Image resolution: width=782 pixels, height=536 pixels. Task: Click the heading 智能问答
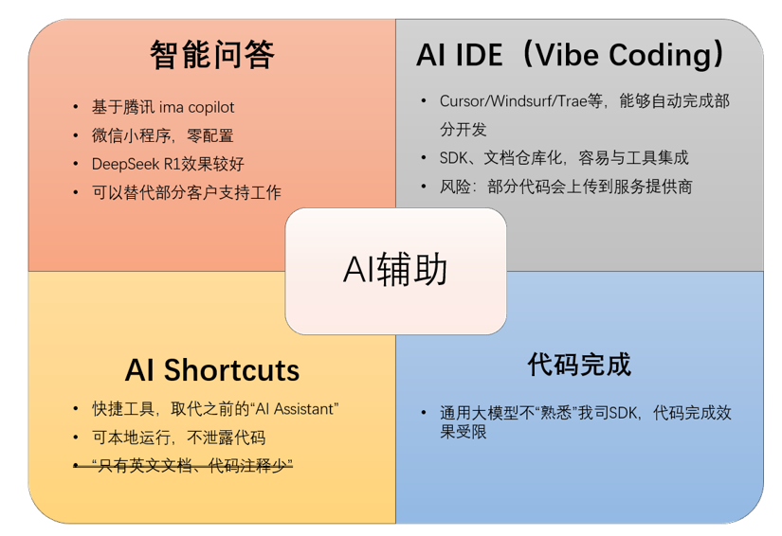click(x=212, y=54)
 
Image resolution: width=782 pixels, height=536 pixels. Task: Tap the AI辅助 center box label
click(x=395, y=269)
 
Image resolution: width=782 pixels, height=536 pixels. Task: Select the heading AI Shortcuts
click(x=212, y=370)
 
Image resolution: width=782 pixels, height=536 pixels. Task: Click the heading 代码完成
click(x=579, y=365)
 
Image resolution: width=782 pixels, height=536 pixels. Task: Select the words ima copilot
click(x=196, y=107)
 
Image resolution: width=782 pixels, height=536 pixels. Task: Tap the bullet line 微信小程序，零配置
click(x=163, y=135)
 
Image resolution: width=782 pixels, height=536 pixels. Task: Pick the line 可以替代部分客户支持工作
click(x=187, y=192)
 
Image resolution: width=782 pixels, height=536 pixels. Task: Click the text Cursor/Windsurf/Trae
click(x=513, y=101)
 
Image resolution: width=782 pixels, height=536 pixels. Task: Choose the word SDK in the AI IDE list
click(x=453, y=158)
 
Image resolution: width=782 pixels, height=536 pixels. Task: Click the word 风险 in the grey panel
click(x=455, y=187)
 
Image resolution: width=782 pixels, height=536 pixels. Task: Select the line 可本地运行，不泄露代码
click(x=178, y=438)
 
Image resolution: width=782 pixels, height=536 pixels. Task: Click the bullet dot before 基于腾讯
click(x=75, y=107)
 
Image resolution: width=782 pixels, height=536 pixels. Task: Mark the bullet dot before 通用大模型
click(x=424, y=413)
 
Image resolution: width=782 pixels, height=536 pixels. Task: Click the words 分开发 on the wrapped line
click(x=463, y=130)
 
